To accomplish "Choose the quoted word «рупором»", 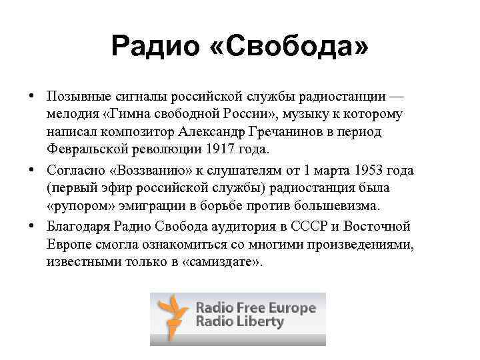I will click(77, 205).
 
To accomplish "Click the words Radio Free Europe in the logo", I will click(255, 308).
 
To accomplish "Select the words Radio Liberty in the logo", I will click(239, 323).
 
